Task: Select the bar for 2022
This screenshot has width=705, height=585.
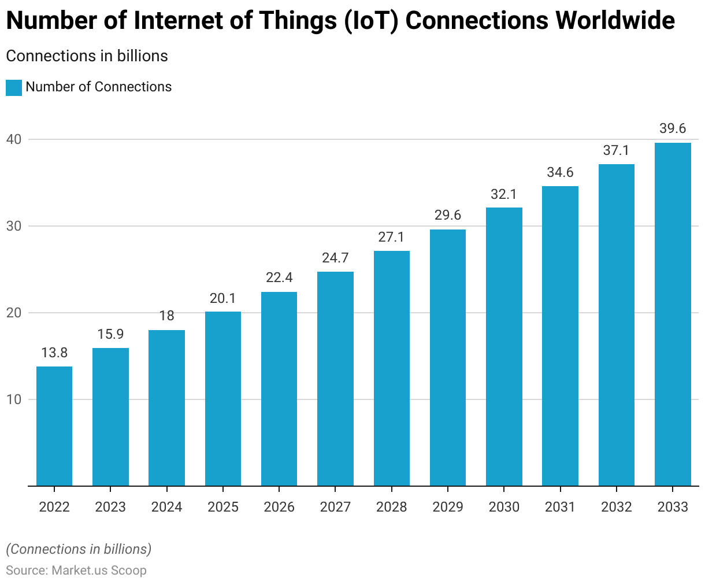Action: [x=54, y=426]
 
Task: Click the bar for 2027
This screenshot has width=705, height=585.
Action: [x=335, y=379]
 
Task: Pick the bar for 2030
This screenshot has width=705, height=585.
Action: [x=504, y=347]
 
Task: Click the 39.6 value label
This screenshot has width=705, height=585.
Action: [x=673, y=128]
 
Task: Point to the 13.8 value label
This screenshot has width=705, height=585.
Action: [x=54, y=353]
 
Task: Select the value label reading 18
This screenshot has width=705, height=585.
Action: [x=166, y=316]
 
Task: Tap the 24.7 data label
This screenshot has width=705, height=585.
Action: [x=335, y=258]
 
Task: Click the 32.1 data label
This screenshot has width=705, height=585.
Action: [x=504, y=194]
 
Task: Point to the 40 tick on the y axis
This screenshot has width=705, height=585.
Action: [x=14, y=139]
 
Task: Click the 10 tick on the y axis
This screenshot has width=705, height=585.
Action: [x=14, y=399]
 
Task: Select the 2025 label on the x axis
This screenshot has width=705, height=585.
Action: [x=223, y=507]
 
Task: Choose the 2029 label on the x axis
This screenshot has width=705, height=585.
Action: [x=448, y=507]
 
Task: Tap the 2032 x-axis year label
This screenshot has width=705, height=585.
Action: [x=617, y=507]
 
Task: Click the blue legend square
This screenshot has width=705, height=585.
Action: [x=14, y=87]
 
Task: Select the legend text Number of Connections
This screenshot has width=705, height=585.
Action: [x=99, y=87]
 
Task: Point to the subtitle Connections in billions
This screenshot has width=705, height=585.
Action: [x=87, y=56]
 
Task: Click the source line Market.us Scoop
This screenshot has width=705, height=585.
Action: [x=76, y=571]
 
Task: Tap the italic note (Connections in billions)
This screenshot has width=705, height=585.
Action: [x=79, y=549]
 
